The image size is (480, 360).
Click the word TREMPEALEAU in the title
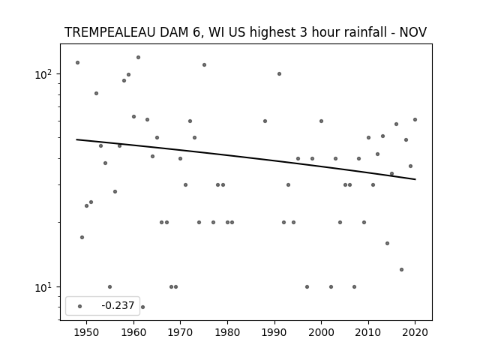coord(109,32)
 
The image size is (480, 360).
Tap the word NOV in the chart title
coord(413,32)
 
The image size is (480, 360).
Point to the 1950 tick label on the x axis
coord(87,332)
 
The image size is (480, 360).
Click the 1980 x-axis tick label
coord(227,332)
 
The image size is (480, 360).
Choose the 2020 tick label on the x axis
coord(415,332)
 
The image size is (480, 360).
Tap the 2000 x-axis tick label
coord(321,332)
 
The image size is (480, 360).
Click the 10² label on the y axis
coord(43,74)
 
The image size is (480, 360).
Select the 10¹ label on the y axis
coord(43,287)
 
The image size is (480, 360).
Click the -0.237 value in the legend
coord(118,305)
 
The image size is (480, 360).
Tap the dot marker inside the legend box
coord(80,306)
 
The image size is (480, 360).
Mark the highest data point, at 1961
coord(138,57)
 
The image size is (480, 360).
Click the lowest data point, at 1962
coord(142,307)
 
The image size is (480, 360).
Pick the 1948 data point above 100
coord(77,62)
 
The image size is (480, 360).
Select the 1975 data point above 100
coord(204,64)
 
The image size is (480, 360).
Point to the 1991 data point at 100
coord(279,73)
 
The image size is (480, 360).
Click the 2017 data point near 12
coord(402,269)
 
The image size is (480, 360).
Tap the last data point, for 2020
coord(415,119)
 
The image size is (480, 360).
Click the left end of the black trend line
coord(76,139)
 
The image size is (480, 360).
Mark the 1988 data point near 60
coord(265,121)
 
